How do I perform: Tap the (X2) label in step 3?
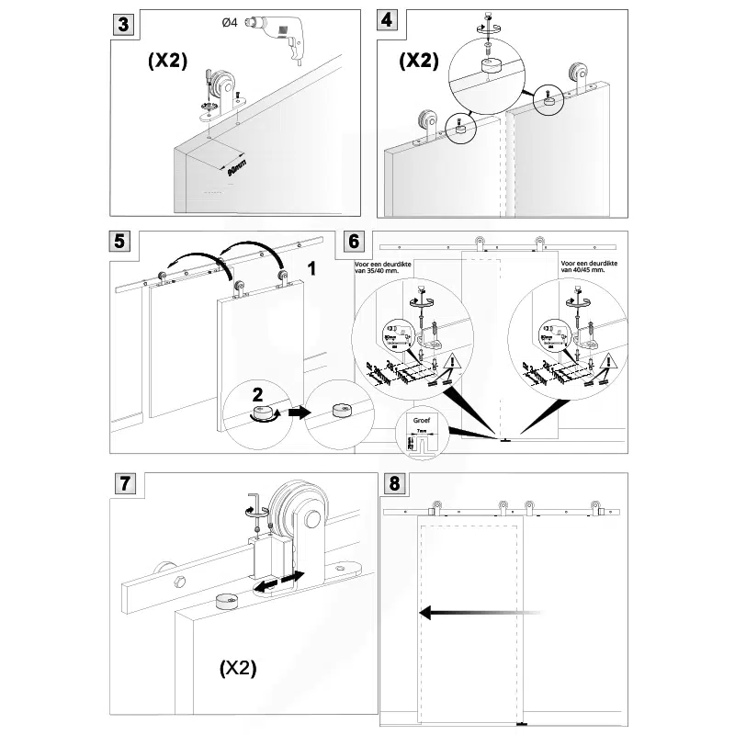pos(168,62)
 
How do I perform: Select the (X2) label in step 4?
pos(419,62)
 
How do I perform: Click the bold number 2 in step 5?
pos(259,397)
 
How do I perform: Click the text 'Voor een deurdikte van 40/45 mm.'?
pos(584,266)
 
